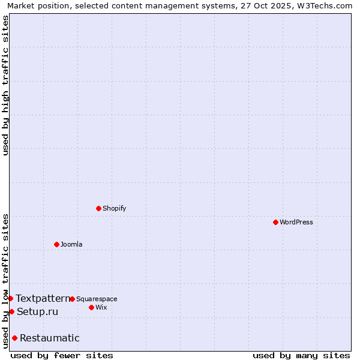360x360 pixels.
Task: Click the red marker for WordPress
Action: [x=275, y=222]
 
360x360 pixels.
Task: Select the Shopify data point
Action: [x=98, y=208]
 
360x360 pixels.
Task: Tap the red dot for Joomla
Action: [x=56, y=244]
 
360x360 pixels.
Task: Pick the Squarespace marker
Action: [x=72, y=299]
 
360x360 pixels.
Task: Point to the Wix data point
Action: [x=91, y=307]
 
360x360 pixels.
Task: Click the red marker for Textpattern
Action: [x=10, y=298]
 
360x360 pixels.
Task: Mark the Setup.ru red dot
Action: [x=11, y=311]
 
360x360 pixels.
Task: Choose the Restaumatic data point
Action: [x=14, y=338]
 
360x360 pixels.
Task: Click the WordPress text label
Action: [x=296, y=222]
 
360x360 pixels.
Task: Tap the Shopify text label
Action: [x=114, y=208]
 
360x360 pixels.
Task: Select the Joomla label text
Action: [x=71, y=244]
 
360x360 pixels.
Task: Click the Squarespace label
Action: [x=97, y=299]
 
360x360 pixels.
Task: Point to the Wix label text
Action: [x=101, y=307]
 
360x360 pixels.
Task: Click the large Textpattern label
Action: [x=43, y=298]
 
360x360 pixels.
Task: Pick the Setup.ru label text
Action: [x=37, y=311]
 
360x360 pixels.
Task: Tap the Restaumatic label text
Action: [x=50, y=338]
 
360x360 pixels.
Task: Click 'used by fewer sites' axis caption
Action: [x=62, y=355]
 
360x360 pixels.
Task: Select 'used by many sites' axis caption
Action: [x=301, y=355]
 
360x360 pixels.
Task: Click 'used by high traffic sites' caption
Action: [x=5, y=85]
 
